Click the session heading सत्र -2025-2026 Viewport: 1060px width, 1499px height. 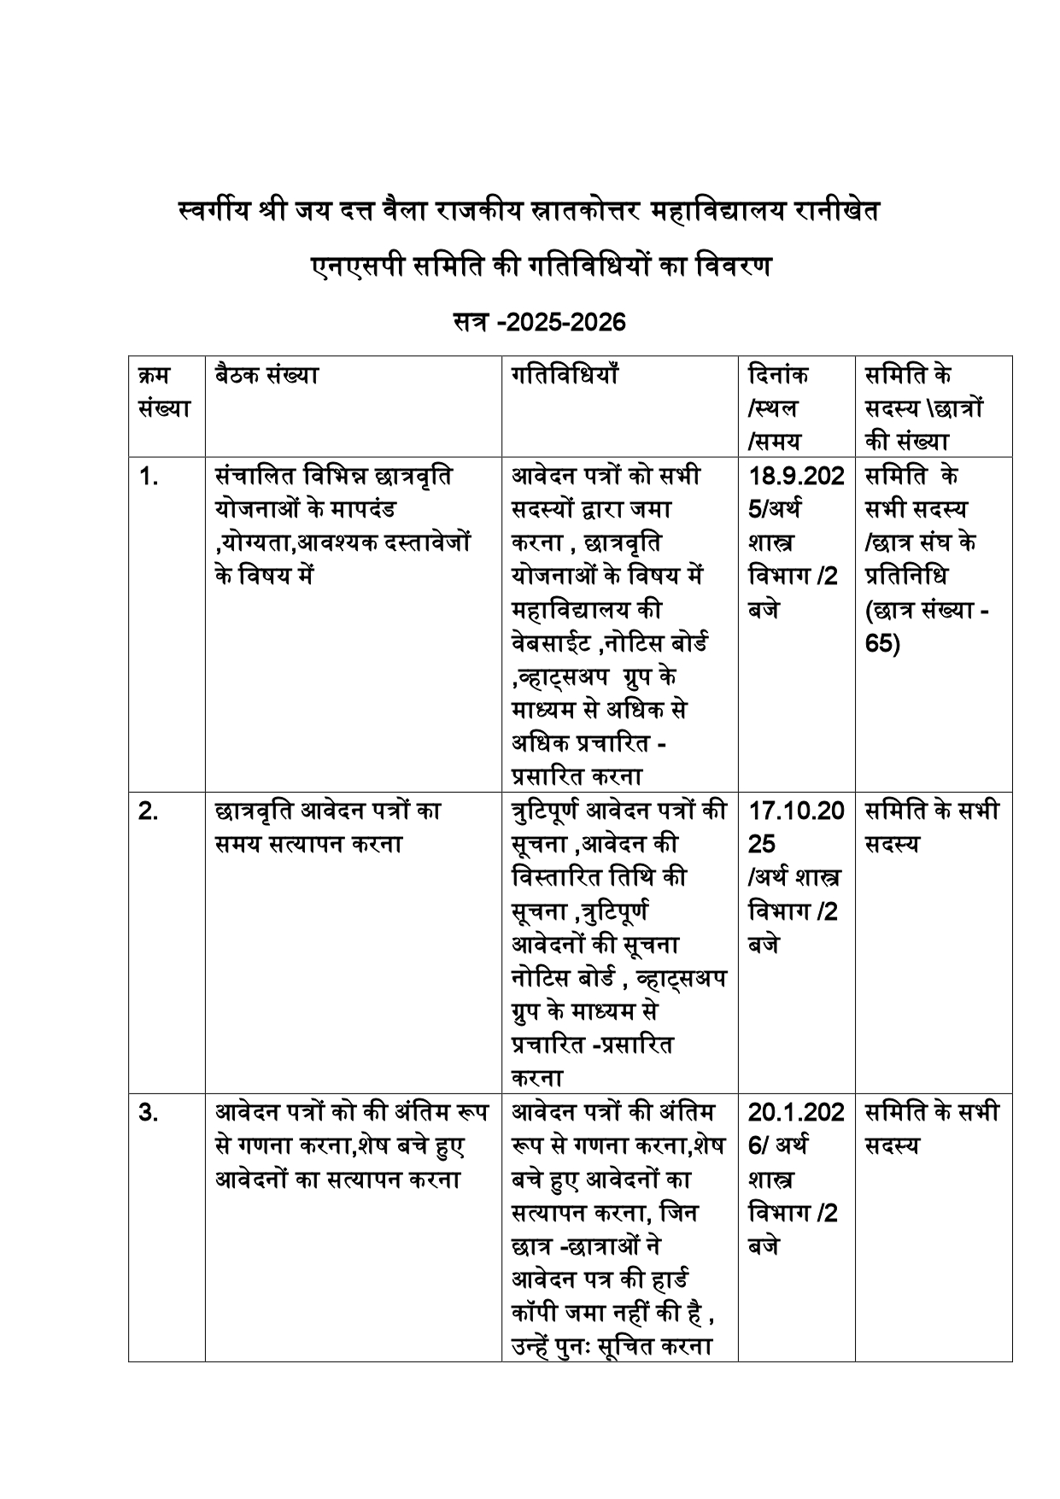click(x=539, y=323)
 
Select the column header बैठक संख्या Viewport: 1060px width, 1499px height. click(x=266, y=375)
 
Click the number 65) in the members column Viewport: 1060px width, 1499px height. click(x=882, y=643)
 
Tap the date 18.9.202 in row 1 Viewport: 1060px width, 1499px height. click(x=796, y=476)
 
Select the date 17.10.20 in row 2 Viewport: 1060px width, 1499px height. click(x=796, y=811)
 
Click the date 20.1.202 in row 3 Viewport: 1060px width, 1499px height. click(x=796, y=1112)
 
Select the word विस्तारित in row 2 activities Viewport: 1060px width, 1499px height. click(x=556, y=877)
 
